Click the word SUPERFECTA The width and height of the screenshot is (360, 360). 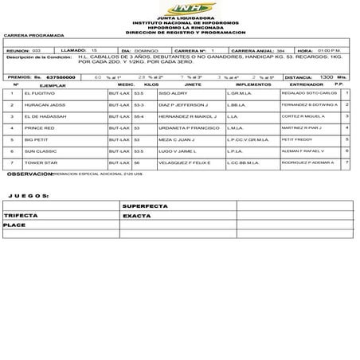[x=146, y=205]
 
